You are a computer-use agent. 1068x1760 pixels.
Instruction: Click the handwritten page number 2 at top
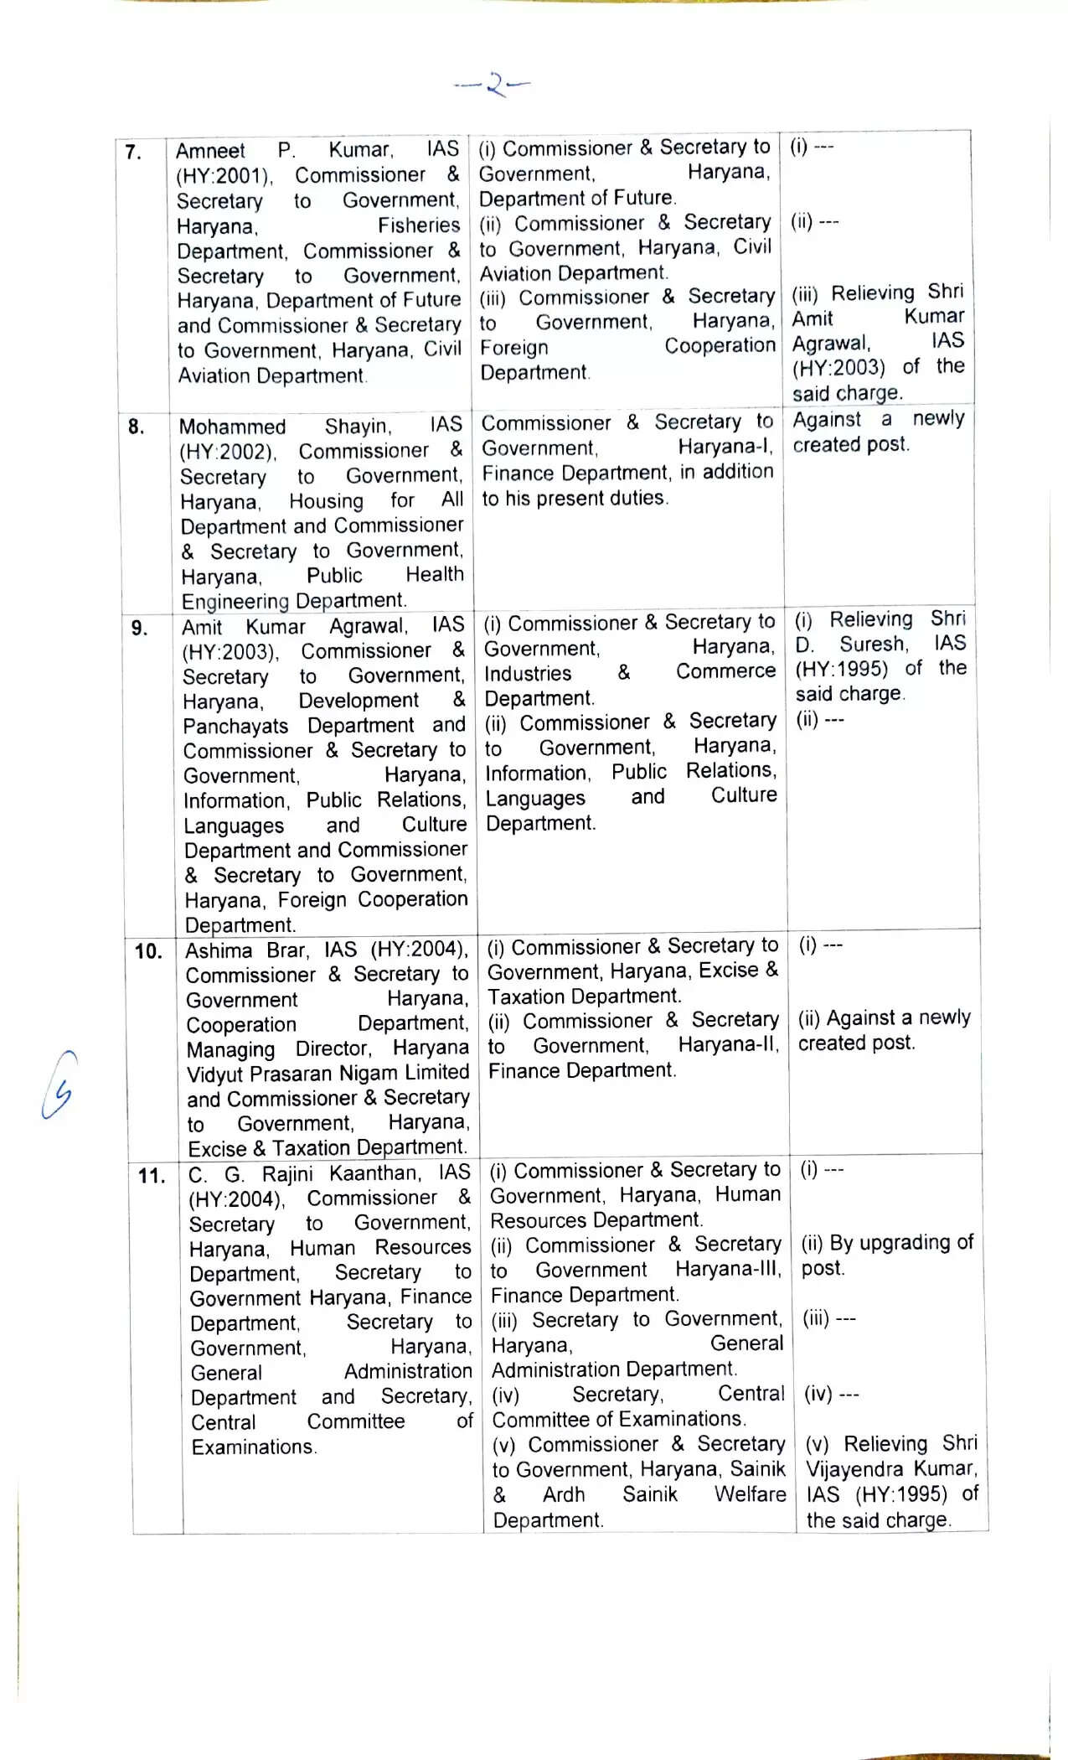click(494, 84)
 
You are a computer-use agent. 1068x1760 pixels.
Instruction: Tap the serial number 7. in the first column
click(133, 152)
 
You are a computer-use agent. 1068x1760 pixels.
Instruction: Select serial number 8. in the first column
click(136, 427)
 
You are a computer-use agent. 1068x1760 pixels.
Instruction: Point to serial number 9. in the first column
click(139, 628)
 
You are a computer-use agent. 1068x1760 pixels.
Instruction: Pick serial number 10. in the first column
click(147, 951)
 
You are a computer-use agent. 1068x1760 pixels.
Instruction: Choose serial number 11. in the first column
click(152, 1176)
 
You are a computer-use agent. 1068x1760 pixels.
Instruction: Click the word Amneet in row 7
click(210, 151)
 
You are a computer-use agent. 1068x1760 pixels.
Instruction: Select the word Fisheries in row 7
click(418, 225)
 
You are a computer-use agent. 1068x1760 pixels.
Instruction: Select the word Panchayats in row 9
click(235, 726)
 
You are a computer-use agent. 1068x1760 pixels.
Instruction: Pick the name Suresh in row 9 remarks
click(874, 644)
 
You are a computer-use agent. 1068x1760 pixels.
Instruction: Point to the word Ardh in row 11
click(564, 1494)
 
